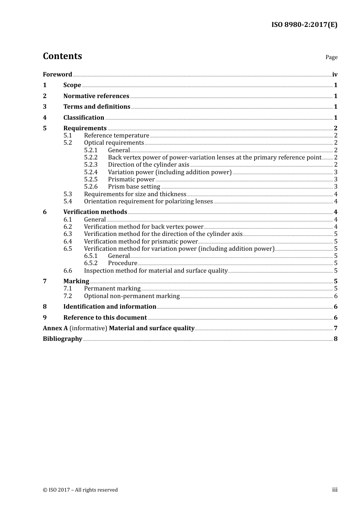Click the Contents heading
[x=62, y=56]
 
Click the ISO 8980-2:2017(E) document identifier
[x=304, y=25]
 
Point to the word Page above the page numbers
[x=331, y=57]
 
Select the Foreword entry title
[x=57, y=74]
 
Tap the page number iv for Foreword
[x=335, y=74]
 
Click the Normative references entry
[x=96, y=96]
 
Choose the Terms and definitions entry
[x=97, y=107]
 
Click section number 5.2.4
[x=91, y=172]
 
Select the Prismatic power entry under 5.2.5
[x=131, y=180]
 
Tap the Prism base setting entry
[x=134, y=187]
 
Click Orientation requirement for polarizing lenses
[x=148, y=201]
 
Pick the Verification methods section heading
[x=95, y=212]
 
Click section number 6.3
[x=67, y=234]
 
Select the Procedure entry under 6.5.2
[x=122, y=263]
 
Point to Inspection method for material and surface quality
[x=156, y=271]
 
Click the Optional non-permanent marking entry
[x=131, y=296]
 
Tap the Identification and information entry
[x=110, y=307]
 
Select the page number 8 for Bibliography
[x=335, y=339]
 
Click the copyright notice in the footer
[x=80, y=490]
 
